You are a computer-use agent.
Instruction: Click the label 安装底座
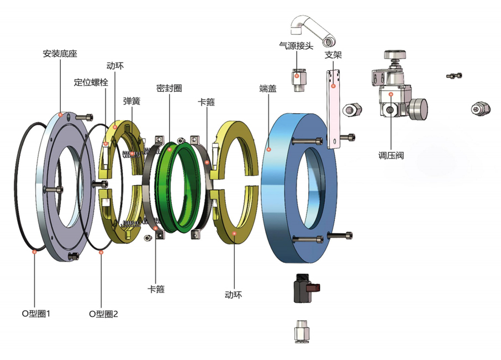click(x=60, y=54)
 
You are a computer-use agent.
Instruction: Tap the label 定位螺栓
click(x=91, y=82)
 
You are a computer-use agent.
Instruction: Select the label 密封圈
click(x=169, y=88)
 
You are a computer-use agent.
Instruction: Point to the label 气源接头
click(x=296, y=46)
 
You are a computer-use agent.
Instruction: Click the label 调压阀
click(x=391, y=156)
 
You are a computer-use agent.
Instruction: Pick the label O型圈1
click(x=36, y=314)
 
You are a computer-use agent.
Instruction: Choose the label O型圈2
click(x=103, y=314)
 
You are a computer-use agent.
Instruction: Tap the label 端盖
click(x=268, y=88)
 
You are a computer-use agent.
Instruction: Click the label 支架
click(x=333, y=55)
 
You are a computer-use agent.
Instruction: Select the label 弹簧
click(x=131, y=101)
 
